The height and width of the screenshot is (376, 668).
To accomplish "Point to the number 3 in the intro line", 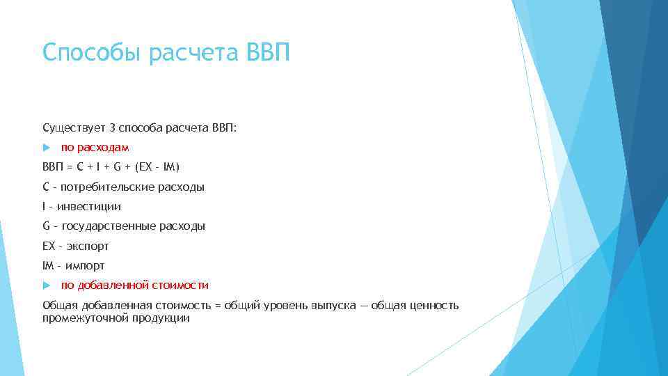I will point(111,128).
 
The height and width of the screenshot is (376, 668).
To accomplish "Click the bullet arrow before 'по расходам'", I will point(47,148).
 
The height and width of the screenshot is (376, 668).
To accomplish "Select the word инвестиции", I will point(89,207).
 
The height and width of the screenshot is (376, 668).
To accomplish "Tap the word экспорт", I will point(88,246).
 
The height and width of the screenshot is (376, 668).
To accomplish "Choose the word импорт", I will point(86,266).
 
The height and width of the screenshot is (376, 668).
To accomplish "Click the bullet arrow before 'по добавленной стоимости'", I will point(47,285).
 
